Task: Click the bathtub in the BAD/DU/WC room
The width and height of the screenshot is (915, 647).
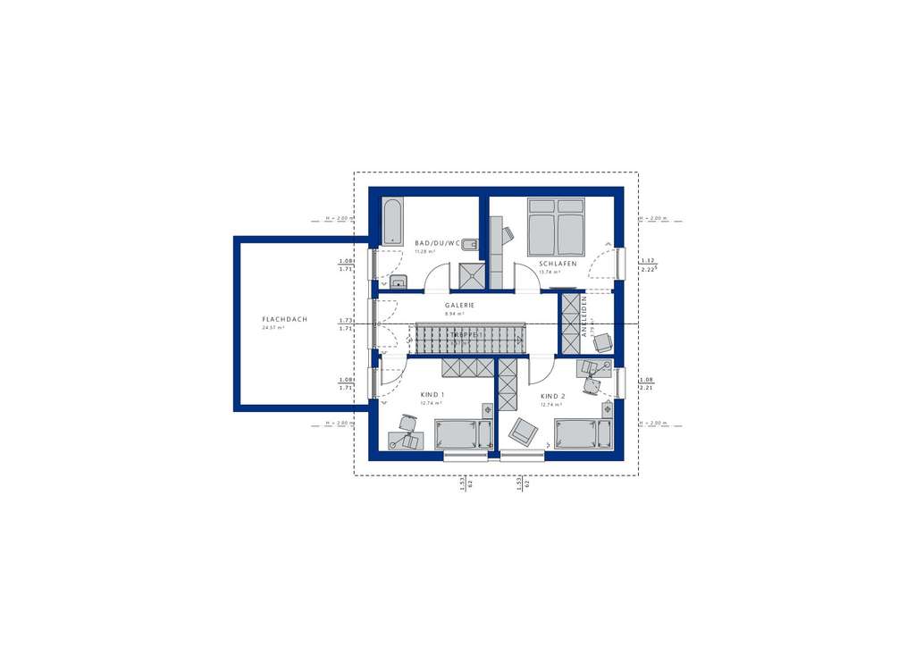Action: pyautogui.click(x=391, y=222)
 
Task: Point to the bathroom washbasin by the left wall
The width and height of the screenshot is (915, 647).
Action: pyautogui.click(x=398, y=283)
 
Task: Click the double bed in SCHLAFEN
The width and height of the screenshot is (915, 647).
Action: pyautogui.click(x=556, y=227)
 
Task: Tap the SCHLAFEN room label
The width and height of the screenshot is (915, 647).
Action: pyautogui.click(x=558, y=264)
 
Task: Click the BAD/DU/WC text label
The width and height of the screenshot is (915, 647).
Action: pyautogui.click(x=438, y=243)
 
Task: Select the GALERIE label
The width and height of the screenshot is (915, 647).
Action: pyautogui.click(x=459, y=305)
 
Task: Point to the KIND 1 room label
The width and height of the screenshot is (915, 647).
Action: pyautogui.click(x=432, y=395)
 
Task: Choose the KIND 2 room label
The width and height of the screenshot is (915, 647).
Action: pyautogui.click(x=552, y=396)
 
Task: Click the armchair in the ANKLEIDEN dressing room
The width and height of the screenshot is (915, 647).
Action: pyautogui.click(x=603, y=341)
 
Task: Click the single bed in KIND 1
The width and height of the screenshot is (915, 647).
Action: pyautogui.click(x=463, y=434)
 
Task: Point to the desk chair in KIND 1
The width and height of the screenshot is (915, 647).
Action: pyautogui.click(x=408, y=424)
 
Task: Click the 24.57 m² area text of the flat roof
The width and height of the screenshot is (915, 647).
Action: pyautogui.click(x=272, y=328)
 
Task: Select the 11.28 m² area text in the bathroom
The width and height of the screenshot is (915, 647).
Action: pyautogui.click(x=424, y=251)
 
